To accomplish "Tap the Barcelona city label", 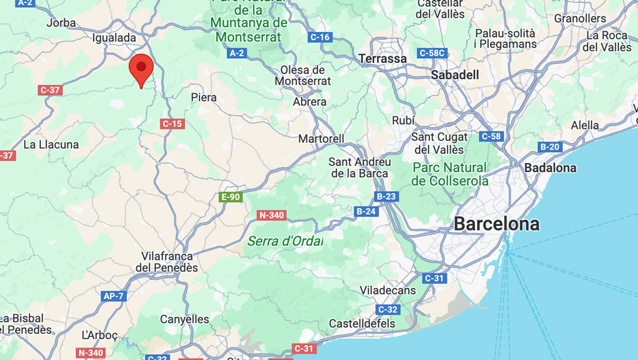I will point(497,224).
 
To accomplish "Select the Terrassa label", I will point(383,59).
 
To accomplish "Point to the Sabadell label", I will point(455,75).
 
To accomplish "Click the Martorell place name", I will point(321,139).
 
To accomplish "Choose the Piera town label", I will point(204,98).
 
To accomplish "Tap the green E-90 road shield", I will point(230,197).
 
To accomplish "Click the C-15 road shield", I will point(171,123).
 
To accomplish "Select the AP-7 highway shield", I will point(113,296).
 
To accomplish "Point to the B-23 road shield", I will point(386,196).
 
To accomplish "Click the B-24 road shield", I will point(366,211).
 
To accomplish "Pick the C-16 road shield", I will point(320,37).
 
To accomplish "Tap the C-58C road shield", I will point(432,53).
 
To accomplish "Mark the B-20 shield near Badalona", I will point(550,147).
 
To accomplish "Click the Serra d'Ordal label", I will point(285,241).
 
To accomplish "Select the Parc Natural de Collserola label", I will point(450,174).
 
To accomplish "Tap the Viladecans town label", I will point(387,290).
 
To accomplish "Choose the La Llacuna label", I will point(51,145).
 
